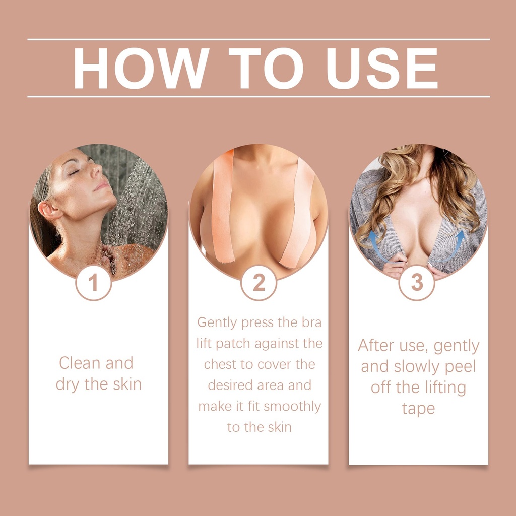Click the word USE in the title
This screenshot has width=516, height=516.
(382, 68)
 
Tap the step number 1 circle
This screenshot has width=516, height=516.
(93, 282)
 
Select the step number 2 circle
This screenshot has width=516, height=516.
(259, 282)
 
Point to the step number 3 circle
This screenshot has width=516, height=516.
(417, 282)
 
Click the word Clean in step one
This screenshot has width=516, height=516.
(80, 363)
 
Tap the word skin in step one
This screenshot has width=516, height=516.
(127, 384)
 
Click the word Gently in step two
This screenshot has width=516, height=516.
(217, 323)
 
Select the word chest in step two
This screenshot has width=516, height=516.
(219, 364)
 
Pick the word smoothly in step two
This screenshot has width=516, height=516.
(292, 407)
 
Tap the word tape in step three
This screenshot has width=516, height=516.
(419, 409)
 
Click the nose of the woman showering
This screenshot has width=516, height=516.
(97, 170)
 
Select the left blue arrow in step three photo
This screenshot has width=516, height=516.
(377, 246)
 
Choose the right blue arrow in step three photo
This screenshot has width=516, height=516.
(455, 246)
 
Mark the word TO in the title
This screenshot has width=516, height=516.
(266, 68)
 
